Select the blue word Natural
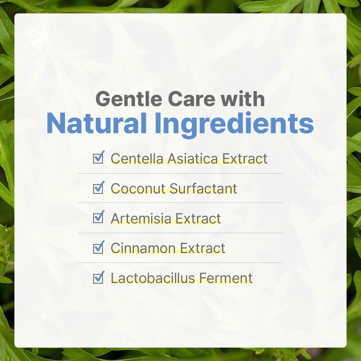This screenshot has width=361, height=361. point(96,124)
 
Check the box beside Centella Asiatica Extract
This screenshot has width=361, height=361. point(98,158)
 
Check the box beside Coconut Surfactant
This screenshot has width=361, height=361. point(98,188)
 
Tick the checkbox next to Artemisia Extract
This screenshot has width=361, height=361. point(98,218)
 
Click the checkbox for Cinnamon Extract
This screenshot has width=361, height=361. point(98,248)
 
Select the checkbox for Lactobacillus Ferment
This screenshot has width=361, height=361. point(98,278)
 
